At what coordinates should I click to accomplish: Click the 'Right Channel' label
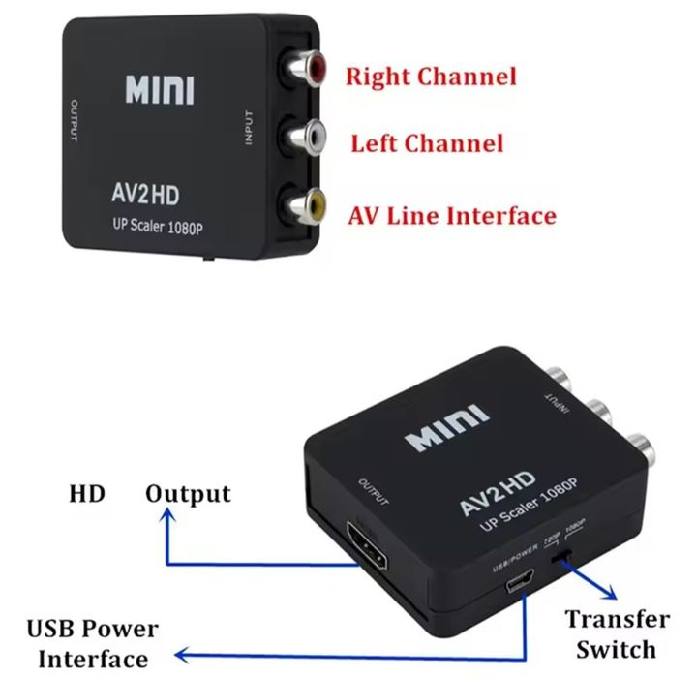coord(431,76)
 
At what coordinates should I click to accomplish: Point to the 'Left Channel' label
coord(427,144)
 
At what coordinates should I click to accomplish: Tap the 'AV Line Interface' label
coord(452,214)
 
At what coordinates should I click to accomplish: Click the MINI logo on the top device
coord(159,90)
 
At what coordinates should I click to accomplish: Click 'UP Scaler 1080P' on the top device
coord(156,229)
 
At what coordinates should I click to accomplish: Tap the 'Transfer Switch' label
coord(617,633)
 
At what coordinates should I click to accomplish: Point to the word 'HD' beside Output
coord(87,494)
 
